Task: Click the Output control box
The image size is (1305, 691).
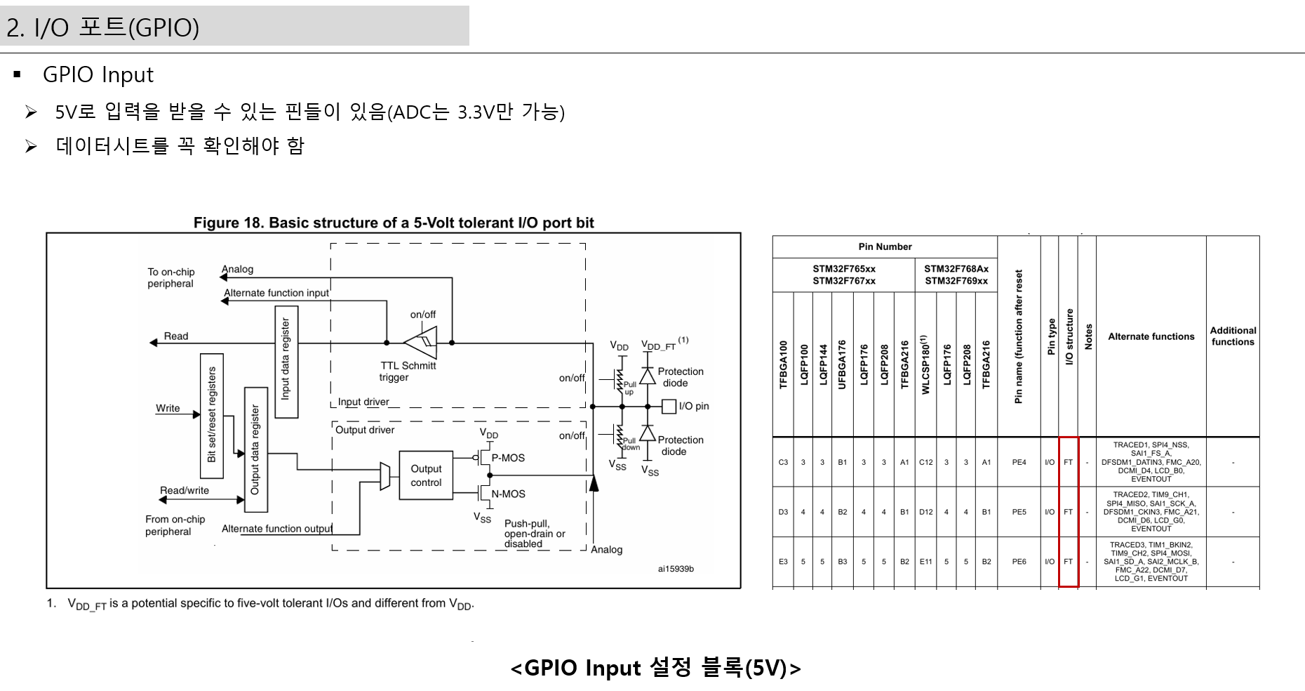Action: (x=426, y=475)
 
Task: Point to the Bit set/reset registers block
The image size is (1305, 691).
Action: (x=212, y=416)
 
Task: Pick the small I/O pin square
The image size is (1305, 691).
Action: (x=669, y=407)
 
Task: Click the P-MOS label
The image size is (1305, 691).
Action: (x=508, y=458)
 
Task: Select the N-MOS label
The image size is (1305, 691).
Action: (x=508, y=494)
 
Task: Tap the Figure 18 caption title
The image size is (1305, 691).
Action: (x=394, y=223)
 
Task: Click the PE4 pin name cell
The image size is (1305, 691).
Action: (x=1019, y=462)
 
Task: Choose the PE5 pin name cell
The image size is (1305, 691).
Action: (x=1019, y=512)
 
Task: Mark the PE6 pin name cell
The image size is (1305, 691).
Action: (x=1019, y=562)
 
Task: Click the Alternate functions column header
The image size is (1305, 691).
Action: (x=1151, y=336)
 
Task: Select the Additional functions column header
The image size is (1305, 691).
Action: (x=1233, y=336)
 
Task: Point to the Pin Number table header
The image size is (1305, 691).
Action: (x=885, y=246)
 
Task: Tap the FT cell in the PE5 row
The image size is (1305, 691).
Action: (x=1068, y=512)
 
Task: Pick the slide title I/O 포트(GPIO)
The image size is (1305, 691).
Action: (x=103, y=27)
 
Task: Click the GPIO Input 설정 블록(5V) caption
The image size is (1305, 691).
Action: (x=655, y=667)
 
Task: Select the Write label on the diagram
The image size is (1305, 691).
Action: (x=168, y=408)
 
